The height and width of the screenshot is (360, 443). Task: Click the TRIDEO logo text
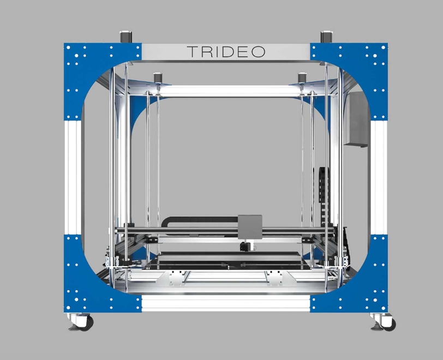(226, 52)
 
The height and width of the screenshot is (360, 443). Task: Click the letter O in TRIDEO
(258, 52)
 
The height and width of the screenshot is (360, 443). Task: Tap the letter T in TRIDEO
(193, 52)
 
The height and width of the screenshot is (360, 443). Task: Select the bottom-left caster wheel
(85, 323)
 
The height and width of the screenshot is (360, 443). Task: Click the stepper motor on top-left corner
(126, 37)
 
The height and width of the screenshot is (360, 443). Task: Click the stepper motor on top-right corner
(327, 37)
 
